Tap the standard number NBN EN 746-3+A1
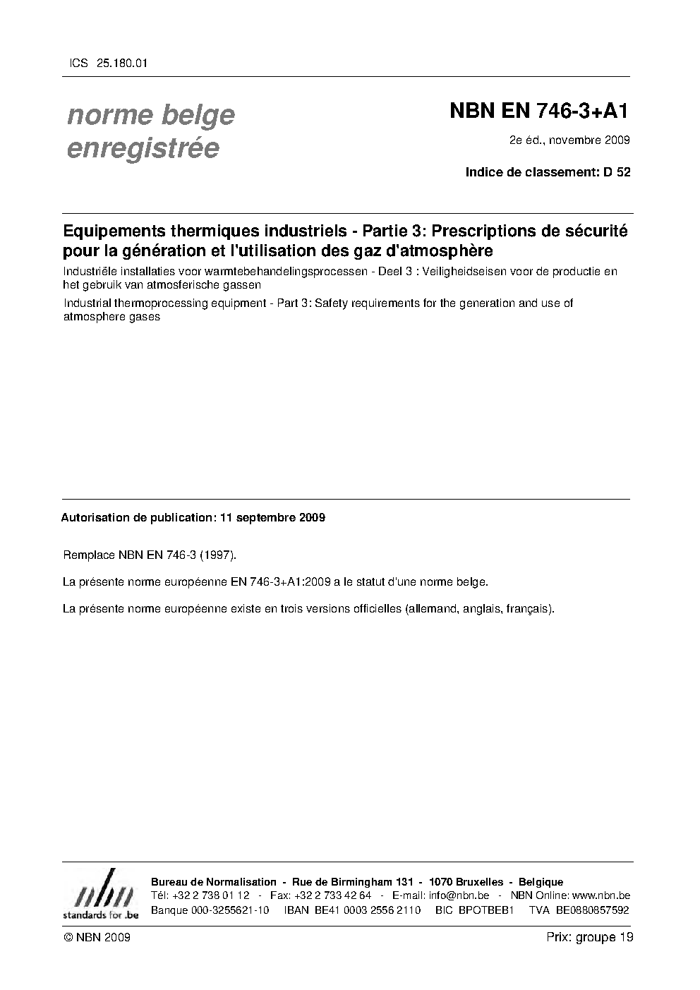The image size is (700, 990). click(539, 111)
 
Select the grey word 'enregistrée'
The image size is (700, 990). click(143, 149)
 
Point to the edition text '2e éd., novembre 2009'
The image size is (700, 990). click(569, 140)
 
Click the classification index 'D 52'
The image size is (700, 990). click(616, 171)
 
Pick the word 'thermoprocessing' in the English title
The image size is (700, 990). click(157, 303)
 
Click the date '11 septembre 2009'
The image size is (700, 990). click(272, 517)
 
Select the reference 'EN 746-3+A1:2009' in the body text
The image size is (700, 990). click(281, 582)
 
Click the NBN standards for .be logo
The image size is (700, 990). click(100, 895)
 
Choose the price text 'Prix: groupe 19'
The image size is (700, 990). click(589, 937)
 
